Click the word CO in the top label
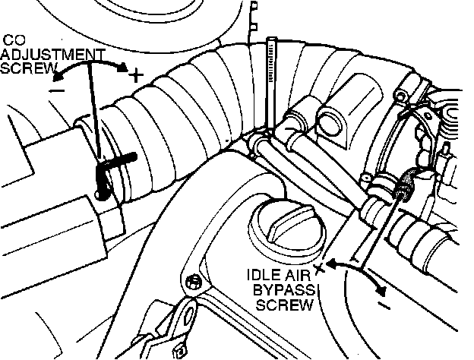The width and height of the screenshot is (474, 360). tap(14, 38)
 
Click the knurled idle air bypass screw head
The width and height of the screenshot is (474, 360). tap(406, 182)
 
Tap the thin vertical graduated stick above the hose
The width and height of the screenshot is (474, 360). tap(271, 76)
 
